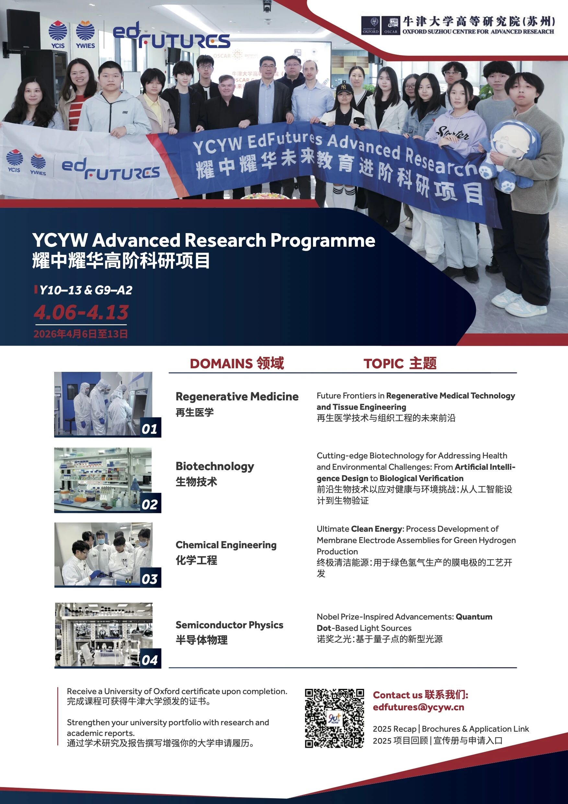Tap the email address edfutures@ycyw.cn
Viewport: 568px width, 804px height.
pos(418,707)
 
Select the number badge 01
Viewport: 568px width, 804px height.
pos(150,428)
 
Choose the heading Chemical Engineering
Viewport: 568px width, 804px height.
pos(226,545)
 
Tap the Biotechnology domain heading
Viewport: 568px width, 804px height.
pos(214,466)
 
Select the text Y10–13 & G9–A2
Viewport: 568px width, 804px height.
pos(86,290)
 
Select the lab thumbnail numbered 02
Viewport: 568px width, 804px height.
pos(103,480)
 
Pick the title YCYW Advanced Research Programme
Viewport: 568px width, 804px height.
pos(204,240)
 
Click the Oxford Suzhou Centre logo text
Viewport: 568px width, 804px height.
pos(478,31)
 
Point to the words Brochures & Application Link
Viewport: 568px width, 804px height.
pos(475,729)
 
